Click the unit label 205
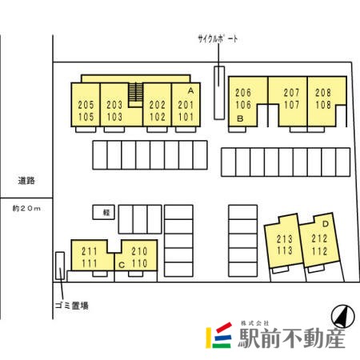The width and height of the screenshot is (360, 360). point(86,105)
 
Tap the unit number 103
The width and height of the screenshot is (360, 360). point(114,117)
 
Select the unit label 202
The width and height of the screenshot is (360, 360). point(158,105)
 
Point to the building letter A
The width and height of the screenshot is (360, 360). point(190,91)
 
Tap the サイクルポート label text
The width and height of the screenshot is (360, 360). point(218,39)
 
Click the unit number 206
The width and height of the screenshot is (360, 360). point(243,93)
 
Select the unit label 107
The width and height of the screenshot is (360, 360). point(291,105)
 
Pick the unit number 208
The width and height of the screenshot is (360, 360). point(323,93)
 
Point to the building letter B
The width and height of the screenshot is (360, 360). point(240,118)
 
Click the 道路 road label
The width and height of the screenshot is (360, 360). point(26,181)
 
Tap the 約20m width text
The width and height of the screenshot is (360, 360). point(26,208)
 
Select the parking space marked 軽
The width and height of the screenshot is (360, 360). point(104,212)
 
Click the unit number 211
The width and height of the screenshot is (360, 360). point(90,251)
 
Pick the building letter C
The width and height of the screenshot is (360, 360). point(122,265)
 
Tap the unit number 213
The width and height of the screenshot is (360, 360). point(285,239)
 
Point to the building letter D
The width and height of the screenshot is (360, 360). point(326,224)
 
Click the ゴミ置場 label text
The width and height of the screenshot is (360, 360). point(72,306)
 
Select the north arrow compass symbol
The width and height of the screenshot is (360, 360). point(343,316)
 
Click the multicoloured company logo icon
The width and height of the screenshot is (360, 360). point(218,335)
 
